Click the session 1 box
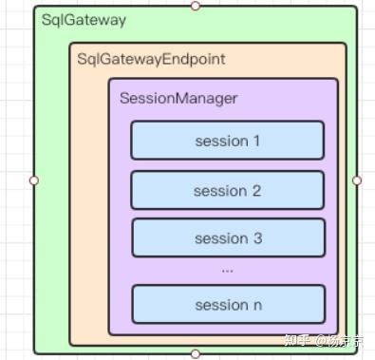227,141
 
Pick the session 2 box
227,190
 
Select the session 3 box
227,237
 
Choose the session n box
227,305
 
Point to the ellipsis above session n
227,271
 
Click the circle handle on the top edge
196,6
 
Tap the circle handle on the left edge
34,180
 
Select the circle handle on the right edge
357,180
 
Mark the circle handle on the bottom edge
196,353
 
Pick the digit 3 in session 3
257,238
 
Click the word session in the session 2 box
219,191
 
